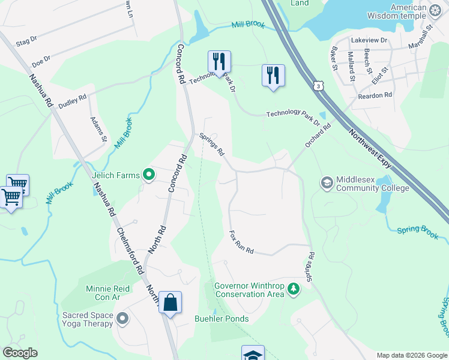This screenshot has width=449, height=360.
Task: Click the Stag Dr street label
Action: tap(26, 41)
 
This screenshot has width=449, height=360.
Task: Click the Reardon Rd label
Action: tap(375, 95)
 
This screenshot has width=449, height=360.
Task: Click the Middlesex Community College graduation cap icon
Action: tap(327, 182)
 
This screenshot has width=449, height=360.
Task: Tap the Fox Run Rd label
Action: tap(241, 242)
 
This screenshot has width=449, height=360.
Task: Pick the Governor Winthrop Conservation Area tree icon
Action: tap(294, 289)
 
